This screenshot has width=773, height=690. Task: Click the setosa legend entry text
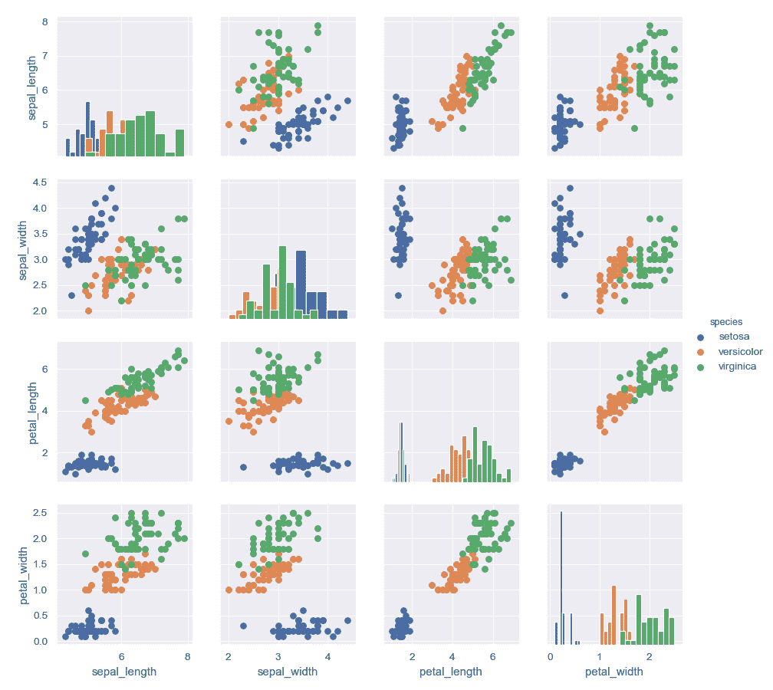pyautogui.click(x=733, y=336)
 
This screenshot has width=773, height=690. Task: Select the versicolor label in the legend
pyautogui.click(x=740, y=351)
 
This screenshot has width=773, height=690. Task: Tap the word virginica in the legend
pyautogui.click(x=737, y=366)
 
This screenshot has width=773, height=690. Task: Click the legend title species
pyautogui.click(x=725, y=321)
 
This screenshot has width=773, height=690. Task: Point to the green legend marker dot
pyautogui.click(x=699, y=367)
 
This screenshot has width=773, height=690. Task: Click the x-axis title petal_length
pyautogui.click(x=450, y=672)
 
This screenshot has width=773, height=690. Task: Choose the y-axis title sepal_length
pyautogui.click(x=32, y=89)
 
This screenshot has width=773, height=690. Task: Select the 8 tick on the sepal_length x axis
pyautogui.click(x=187, y=656)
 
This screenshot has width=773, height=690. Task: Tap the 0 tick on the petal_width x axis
pyautogui.click(x=551, y=656)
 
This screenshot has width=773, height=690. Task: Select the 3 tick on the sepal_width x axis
pyautogui.click(x=278, y=656)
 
